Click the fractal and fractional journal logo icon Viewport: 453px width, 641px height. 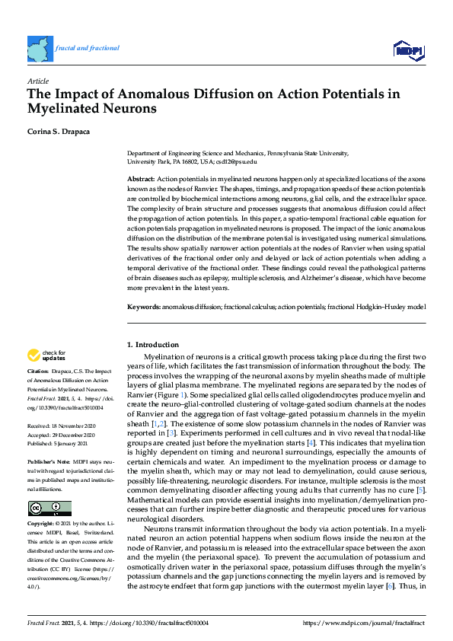(x=40, y=49)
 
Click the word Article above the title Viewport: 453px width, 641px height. (x=37, y=80)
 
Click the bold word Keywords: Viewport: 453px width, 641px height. (x=142, y=305)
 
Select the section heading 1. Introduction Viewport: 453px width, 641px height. (x=154, y=345)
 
